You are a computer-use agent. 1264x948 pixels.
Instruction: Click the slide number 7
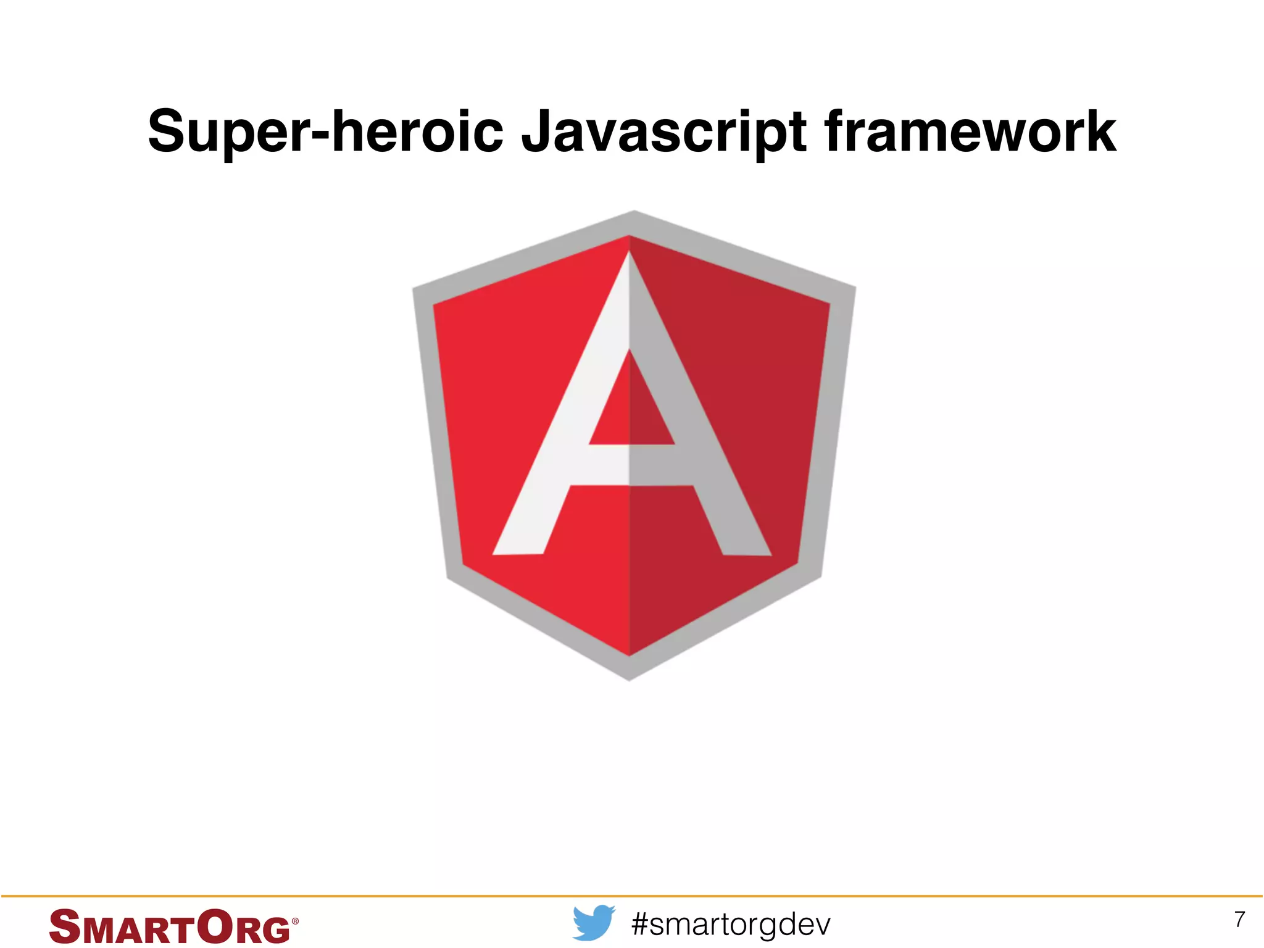(1239, 919)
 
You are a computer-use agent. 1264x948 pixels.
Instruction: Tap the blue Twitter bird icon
(593, 922)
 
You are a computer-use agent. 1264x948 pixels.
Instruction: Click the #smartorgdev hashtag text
(731, 924)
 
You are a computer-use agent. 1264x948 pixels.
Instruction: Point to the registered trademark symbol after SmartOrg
(295, 921)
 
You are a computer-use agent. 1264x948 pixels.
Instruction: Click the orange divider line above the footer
(632, 896)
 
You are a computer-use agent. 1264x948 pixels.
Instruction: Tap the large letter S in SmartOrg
(64, 926)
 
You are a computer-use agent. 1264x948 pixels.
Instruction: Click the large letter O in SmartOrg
(215, 926)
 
